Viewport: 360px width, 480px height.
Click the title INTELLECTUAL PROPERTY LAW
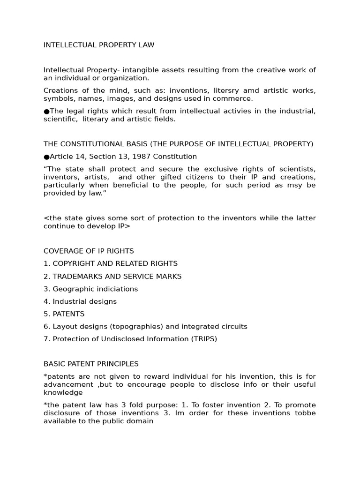tap(99, 45)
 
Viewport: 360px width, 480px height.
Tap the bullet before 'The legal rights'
tap(46, 111)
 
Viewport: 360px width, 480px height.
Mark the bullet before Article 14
tap(46, 157)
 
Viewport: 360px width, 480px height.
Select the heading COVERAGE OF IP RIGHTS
tap(89, 251)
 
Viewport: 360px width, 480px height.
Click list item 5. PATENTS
tap(64, 314)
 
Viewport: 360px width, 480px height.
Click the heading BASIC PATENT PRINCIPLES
tap(91, 364)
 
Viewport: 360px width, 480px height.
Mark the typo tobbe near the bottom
tap(295, 413)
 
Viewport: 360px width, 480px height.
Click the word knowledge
tap(63, 393)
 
